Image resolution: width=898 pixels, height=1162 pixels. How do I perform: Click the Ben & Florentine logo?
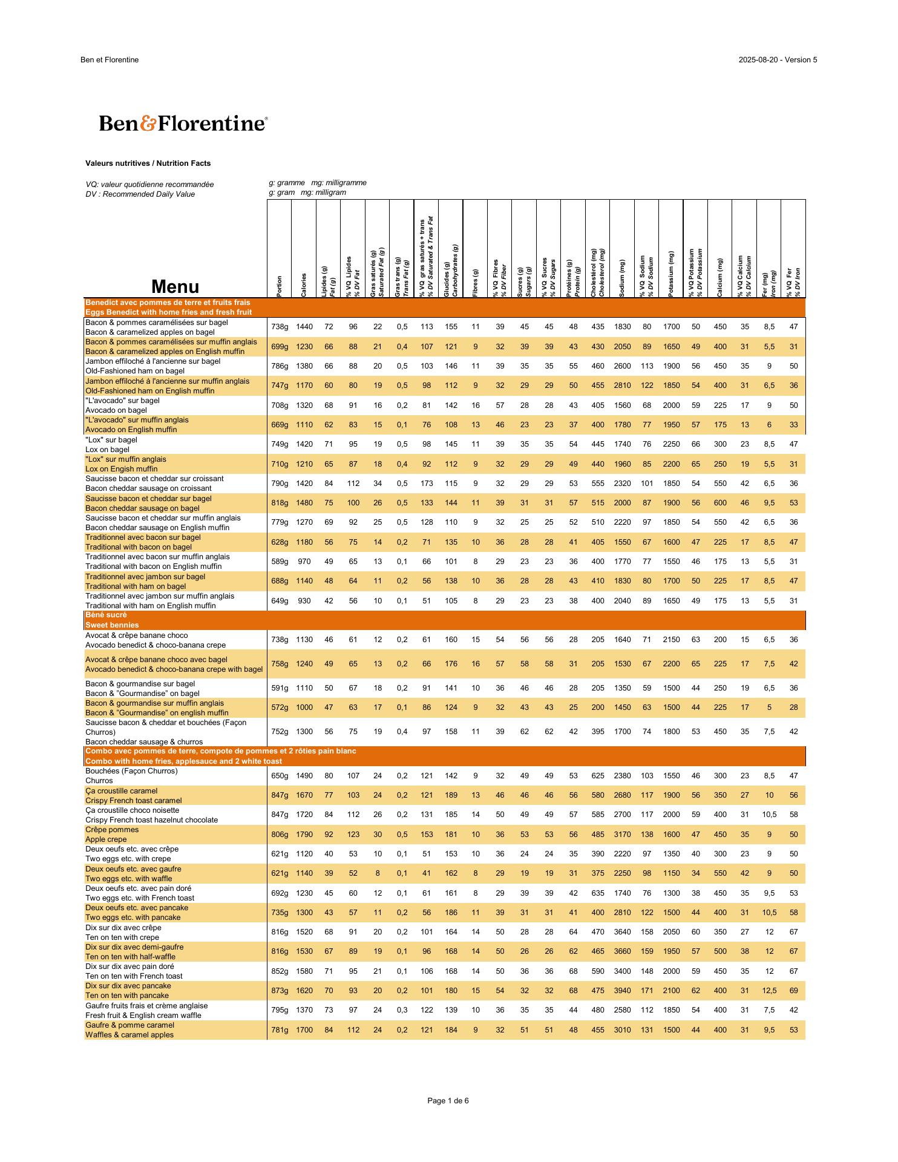click(183, 123)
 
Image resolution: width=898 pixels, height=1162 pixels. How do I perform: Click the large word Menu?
click(175, 287)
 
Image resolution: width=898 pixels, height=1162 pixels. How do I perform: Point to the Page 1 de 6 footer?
click(448, 1101)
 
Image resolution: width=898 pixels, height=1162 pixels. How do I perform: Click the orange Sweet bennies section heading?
click(112, 625)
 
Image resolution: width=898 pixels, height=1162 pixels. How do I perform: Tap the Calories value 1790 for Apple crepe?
click(304, 835)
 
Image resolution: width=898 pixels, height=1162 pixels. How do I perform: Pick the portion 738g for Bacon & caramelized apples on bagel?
click(280, 327)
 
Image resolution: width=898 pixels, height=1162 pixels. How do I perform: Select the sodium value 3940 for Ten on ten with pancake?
click(622, 991)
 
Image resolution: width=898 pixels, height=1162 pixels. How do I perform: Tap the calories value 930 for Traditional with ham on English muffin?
click(304, 601)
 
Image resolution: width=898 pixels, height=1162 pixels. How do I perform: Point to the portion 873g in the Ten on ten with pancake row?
click(280, 991)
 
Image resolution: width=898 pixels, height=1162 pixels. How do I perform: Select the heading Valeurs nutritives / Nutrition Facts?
click(148, 163)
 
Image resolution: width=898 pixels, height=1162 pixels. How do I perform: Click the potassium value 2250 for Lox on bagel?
click(671, 445)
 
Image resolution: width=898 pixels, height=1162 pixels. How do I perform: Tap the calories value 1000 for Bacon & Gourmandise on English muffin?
click(304, 707)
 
